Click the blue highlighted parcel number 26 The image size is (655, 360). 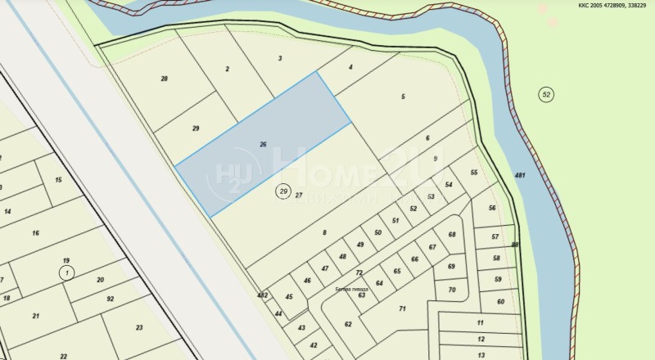point(263,145)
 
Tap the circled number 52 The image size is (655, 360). point(546,95)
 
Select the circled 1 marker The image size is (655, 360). point(66,272)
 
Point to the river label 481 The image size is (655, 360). point(520,176)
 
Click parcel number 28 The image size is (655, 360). point(165,79)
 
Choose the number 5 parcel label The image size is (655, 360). point(403,97)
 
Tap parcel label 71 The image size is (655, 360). point(402,308)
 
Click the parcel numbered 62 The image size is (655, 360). point(347,324)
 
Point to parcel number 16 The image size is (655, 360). point(35,233)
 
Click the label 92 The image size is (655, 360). point(110,299)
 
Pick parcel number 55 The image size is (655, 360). point(474,173)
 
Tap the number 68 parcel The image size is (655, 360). point(451,235)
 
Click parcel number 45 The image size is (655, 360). point(289,296)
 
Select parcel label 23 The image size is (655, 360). point(138,327)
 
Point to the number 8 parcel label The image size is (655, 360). point(324,233)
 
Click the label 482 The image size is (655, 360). point(262,295)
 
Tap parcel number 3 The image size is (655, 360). point(280,58)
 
